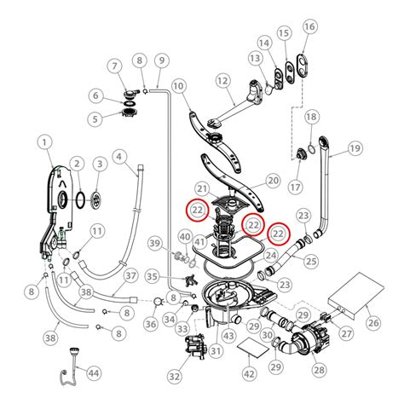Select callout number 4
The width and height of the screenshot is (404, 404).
click(119, 157)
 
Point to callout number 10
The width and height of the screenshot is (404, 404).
click(179, 85)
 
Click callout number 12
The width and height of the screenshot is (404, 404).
click(223, 80)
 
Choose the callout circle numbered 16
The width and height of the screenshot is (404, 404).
click(309, 26)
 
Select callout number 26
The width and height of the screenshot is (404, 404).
click(372, 321)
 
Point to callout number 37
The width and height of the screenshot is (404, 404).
click(130, 275)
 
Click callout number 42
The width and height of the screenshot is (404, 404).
click(249, 373)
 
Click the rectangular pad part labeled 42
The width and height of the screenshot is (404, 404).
click(249, 347)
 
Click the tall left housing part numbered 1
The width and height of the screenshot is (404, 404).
click(53, 205)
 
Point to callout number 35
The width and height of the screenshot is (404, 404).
click(152, 277)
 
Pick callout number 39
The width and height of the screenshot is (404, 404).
click(154, 245)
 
